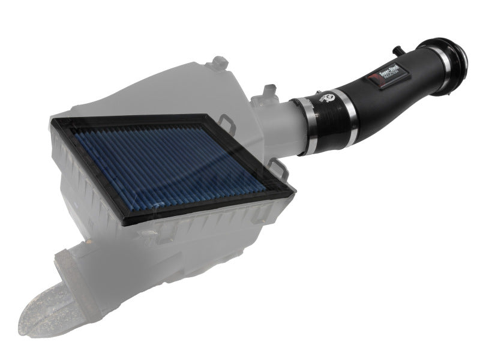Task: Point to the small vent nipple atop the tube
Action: tap(400, 49)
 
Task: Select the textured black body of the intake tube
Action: tap(396, 90)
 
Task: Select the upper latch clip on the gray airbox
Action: tap(224, 123)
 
